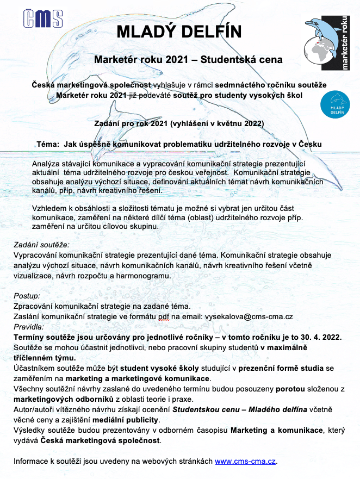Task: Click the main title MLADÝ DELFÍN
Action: [x=180, y=32]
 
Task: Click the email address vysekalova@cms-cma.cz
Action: [x=249, y=316]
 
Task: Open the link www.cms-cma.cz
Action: [x=246, y=462]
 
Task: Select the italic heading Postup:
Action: [x=27, y=296]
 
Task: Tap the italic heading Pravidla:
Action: [x=31, y=327]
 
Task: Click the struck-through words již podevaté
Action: [x=154, y=95]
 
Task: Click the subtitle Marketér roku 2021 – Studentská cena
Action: [x=188, y=59]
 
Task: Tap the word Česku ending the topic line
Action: [x=308, y=144]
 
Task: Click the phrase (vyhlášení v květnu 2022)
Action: [x=216, y=123]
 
